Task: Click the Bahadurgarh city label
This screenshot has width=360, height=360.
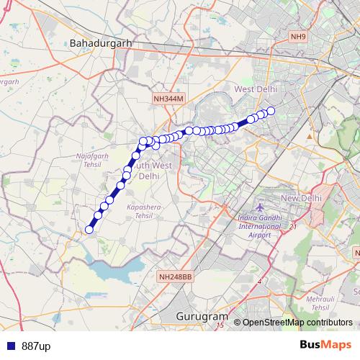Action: tap(101, 44)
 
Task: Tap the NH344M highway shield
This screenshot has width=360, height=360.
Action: tap(169, 98)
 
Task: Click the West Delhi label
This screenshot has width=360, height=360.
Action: tap(255, 89)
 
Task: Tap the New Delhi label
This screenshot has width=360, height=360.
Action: tap(300, 198)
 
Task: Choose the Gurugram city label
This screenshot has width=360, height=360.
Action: tap(202, 316)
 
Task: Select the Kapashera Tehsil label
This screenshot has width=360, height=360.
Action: tap(140, 211)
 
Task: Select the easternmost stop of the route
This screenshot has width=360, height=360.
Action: tap(271, 111)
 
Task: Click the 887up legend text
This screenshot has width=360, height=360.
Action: tap(36, 346)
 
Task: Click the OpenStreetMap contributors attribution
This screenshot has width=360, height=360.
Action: tap(297, 323)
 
